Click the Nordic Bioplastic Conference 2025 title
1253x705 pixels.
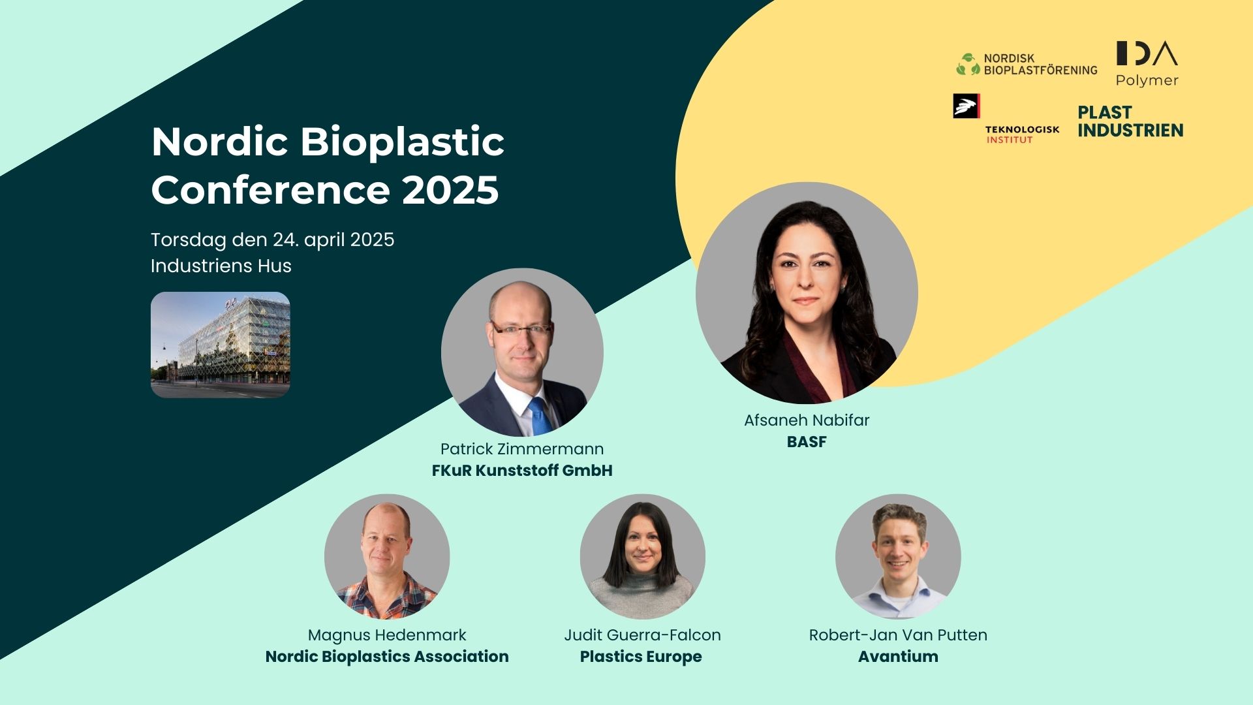328,166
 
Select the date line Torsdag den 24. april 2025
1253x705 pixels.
272,240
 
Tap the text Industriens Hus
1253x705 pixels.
221,266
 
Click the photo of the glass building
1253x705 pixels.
221,345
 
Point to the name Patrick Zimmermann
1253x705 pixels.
522,449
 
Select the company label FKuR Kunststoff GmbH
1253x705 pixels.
522,471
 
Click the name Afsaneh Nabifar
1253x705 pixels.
807,420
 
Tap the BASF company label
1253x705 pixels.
807,442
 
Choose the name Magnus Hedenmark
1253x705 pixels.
387,635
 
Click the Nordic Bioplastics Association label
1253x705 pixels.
387,657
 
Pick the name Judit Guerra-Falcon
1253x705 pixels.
642,635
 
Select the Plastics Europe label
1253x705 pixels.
641,657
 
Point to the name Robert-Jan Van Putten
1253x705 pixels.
898,635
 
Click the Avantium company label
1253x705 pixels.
898,657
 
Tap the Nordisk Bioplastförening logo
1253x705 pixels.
1027,64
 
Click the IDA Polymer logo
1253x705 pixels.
1147,63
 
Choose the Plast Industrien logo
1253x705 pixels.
1130,121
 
